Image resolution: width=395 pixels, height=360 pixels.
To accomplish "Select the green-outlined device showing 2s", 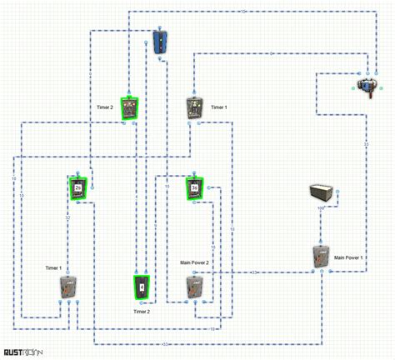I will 78,187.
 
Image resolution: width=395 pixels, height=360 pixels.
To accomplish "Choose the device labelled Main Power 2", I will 194,287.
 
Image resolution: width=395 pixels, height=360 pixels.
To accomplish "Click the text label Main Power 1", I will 350,257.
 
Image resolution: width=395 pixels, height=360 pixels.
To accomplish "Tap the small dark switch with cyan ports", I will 365,85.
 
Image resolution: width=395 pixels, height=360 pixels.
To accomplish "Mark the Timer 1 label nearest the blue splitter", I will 218,107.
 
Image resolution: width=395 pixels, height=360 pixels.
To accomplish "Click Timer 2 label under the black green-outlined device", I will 142,311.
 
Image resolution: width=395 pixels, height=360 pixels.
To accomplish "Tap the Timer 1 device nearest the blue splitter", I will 194,108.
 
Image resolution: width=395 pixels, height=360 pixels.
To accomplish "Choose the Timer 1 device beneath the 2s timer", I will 68,287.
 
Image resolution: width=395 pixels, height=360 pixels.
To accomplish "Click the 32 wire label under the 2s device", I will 68,217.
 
